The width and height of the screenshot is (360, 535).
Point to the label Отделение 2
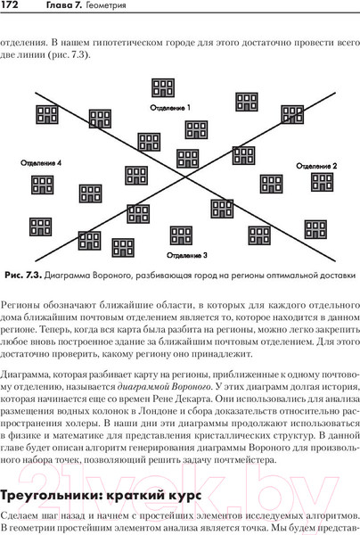315,167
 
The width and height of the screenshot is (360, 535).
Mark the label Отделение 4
41,164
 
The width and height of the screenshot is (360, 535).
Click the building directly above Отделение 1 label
163,88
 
